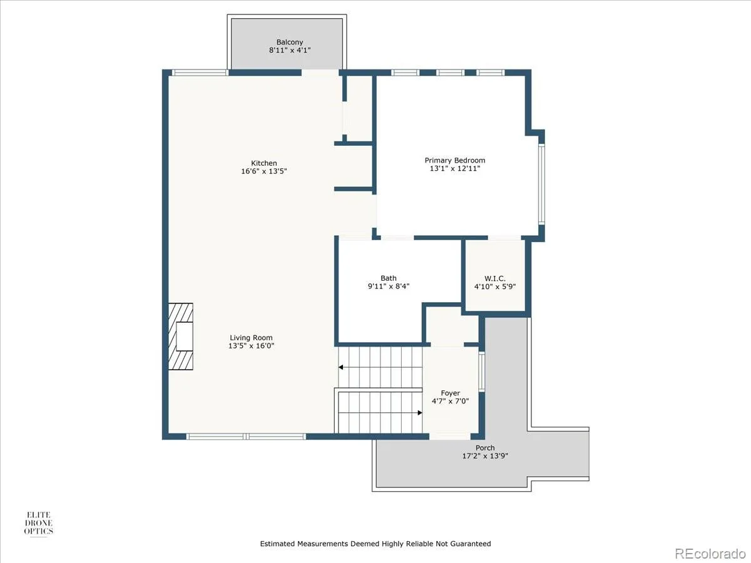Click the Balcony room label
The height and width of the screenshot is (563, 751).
pos(290,42)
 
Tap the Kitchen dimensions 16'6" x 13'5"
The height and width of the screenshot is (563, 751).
pos(264,171)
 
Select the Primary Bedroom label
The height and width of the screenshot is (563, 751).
pos(455,160)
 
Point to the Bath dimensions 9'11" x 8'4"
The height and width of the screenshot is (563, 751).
pos(389,286)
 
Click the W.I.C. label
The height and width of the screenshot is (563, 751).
pos(495,278)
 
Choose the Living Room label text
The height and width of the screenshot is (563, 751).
pos(251,338)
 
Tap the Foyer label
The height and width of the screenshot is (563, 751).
pos(450,393)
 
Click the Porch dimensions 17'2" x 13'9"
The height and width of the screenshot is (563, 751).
pos(485,455)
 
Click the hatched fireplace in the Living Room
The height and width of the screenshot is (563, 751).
pos(181,337)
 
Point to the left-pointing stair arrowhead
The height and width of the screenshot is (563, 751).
pos(341,367)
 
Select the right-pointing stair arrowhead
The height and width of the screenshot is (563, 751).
pos(420,413)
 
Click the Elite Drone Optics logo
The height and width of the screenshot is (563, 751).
pos(39,523)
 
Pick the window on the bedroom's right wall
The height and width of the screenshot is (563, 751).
pos(541,184)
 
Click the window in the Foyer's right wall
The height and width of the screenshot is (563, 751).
pos(482,371)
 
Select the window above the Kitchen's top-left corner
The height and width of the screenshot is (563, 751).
pos(200,73)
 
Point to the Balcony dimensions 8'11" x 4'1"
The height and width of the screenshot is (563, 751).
pos(290,50)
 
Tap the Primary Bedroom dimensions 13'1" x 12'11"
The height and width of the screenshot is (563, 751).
pos(455,168)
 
